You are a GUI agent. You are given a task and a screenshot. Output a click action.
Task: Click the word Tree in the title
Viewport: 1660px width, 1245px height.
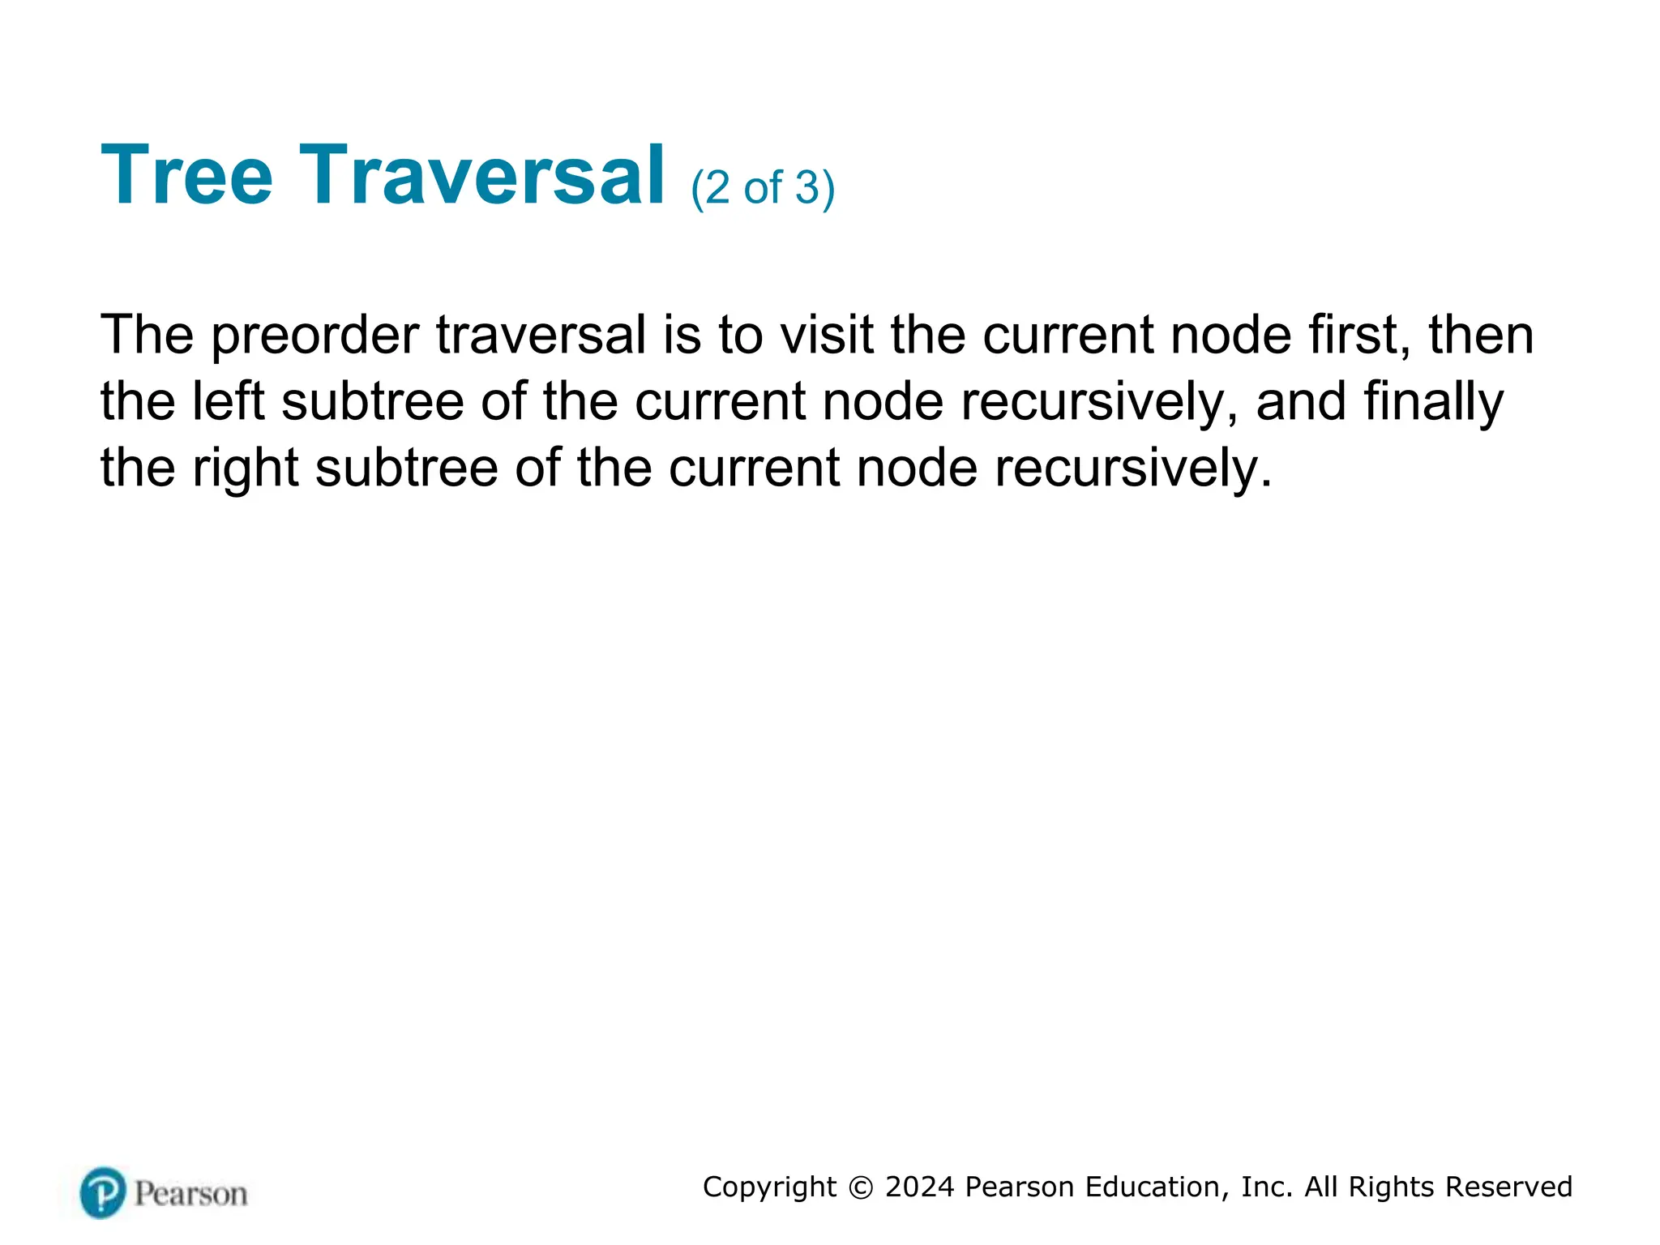coord(187,175)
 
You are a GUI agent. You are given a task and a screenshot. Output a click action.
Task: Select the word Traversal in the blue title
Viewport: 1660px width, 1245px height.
coord(482,175)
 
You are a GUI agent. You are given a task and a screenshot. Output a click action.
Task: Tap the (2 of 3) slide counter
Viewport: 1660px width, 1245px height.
coord(762,188)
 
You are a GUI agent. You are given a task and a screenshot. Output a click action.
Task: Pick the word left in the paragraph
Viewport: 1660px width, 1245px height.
coord(228,401)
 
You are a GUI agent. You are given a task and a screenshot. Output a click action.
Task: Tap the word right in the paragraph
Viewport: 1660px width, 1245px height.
coord(245,468)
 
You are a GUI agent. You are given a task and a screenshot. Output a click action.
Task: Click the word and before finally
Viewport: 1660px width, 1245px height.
coord(1301,401)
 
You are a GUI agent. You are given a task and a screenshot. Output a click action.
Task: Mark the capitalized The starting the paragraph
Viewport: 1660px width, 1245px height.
coord(147,335)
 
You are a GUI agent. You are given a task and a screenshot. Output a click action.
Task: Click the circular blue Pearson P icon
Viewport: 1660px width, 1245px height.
coord(103,1192)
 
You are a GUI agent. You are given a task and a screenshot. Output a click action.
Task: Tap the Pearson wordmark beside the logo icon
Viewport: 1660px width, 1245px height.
coord(190,1194)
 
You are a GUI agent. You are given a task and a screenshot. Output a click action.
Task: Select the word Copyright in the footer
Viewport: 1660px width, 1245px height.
coord(769,1187)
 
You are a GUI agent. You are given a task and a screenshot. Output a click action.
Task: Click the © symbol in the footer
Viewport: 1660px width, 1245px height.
coord(861,1187)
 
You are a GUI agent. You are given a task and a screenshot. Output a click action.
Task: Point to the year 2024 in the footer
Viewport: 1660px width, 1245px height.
coord(919,1187)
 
